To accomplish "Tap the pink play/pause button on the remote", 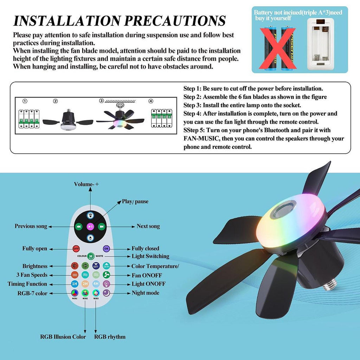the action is click(90, 227).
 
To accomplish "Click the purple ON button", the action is click(106, 249).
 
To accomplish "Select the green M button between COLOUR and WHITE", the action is click(91, 256).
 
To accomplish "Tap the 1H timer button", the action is click(75, 284).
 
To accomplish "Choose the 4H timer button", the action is click(96, 284).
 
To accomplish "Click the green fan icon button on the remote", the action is click(106, 275).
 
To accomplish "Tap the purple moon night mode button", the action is click(106, 293).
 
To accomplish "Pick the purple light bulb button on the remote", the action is click(106, 284).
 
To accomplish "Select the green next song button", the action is click(102, 227).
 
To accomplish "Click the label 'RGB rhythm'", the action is click(110, 337).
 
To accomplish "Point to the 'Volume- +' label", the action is click(86, 184).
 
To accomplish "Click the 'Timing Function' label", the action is click(27, 284).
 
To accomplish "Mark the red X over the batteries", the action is click(277, 48).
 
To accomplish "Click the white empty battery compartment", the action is click(321, 44).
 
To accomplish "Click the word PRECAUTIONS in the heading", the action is click(175, 21).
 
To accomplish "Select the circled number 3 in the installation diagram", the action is click(102, 101).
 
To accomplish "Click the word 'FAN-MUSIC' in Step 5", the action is click(201, 139).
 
